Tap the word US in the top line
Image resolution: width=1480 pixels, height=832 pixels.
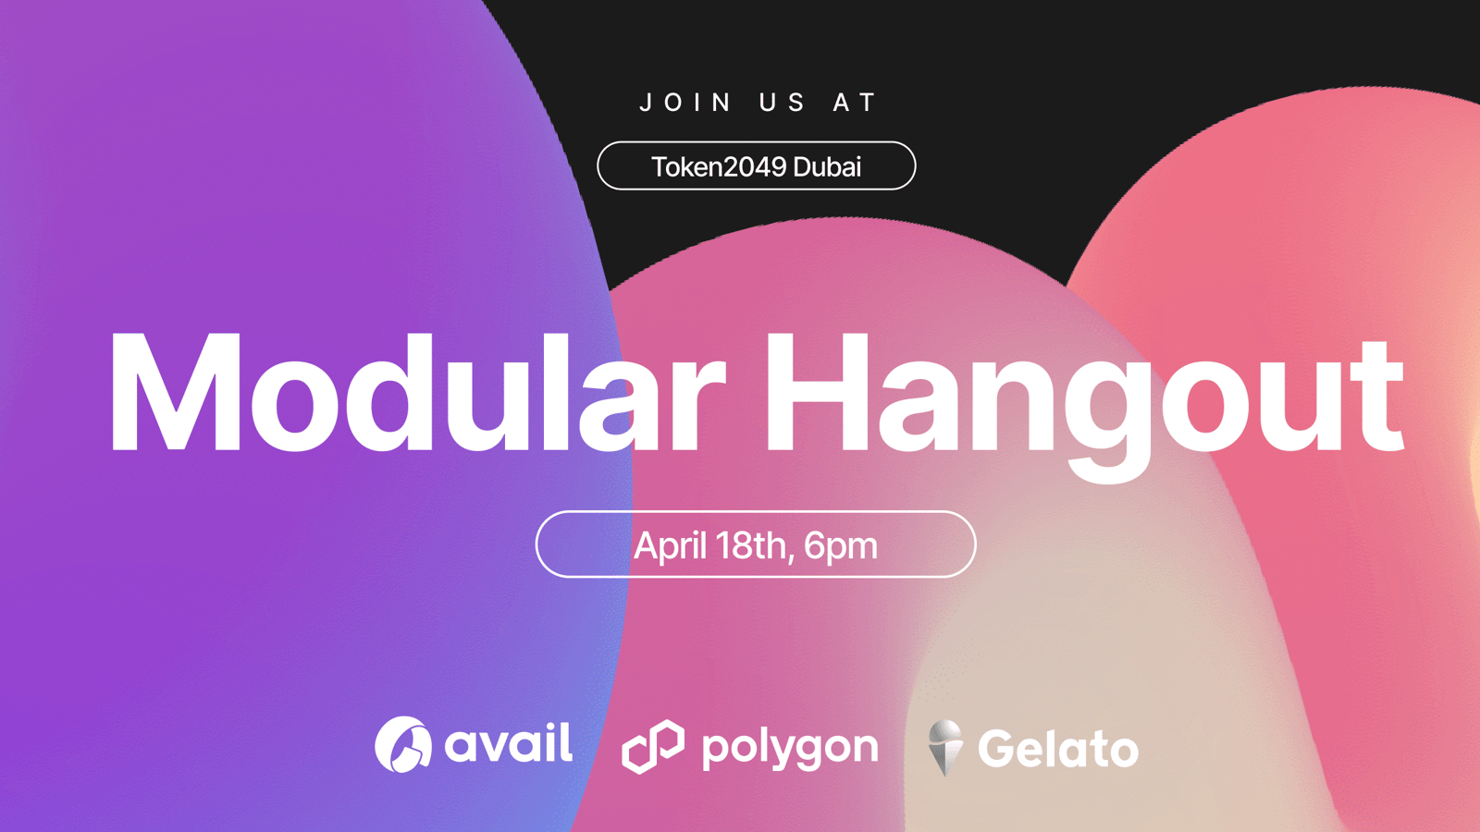coord(782,103)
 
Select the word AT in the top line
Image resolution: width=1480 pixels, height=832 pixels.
coord(855,103)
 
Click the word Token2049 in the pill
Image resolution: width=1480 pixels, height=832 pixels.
coord(719,166)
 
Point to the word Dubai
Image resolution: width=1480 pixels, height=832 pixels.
coord(827,166)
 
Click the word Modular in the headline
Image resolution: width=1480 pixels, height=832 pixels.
coord(417,393)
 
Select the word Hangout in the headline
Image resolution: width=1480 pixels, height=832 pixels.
coord(1084,403)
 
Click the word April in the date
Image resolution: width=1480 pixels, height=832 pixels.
coord(670,546)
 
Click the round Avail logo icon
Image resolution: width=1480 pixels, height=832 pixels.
coord(403,744)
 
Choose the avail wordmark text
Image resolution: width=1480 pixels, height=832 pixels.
coord(508,743)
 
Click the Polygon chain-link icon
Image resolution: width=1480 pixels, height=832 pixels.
coord(653,746)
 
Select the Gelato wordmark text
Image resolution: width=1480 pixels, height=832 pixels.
coord(1058,748)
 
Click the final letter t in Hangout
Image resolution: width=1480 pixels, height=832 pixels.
coord(1377,397)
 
